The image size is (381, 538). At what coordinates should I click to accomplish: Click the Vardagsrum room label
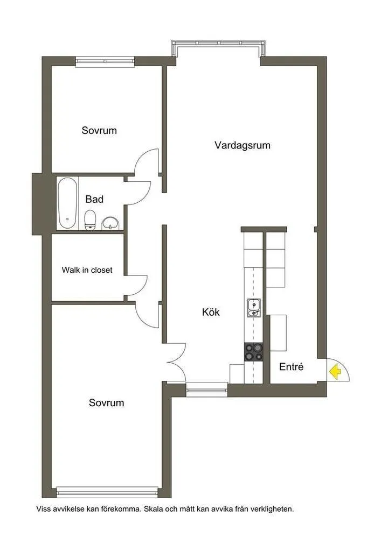tap(242, 145)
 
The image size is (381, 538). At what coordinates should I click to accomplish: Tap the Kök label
tap(211, 312)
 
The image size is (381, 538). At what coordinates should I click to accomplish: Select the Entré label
tap(291, 367)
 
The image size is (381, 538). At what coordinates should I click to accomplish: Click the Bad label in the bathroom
tap(94, 199)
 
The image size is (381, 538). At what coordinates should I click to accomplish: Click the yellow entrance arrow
tap(335, 371)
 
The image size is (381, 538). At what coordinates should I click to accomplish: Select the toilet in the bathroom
tap(91, 220)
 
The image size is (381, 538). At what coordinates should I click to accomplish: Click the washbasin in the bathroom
tap(110, 222)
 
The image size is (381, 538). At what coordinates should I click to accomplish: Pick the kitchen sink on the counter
tap(253, 308)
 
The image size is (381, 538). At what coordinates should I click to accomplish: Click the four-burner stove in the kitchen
tap(253, 352)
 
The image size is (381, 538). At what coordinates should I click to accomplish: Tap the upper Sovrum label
tap(99, 130)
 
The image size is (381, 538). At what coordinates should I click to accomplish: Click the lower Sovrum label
tap(106, 402)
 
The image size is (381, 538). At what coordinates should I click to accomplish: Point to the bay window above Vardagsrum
tap(218, 49)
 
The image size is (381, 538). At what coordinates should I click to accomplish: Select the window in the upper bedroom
tap(105, 61)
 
